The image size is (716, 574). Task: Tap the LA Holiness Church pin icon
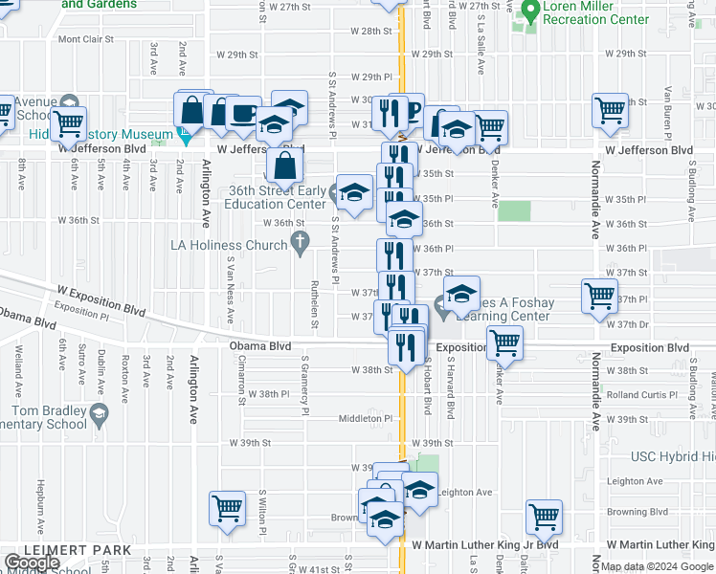[x=301, y=245]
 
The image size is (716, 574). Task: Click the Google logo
[x=32, y=563]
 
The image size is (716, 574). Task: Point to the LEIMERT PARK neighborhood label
[x=66, y=549]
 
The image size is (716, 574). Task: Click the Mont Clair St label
[x=85, y=40]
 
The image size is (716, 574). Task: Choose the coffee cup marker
[x=243, y=111]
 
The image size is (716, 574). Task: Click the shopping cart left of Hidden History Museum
[x=68, y=123]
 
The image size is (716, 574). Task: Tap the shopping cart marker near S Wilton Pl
[x=226, y=507]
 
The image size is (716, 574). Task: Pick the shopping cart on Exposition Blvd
[x=503, y=341]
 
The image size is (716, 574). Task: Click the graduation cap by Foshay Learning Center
[x=461, y=294]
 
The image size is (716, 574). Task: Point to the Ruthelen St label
[x=314, y=302]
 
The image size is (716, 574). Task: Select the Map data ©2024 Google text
[x=657, y=567]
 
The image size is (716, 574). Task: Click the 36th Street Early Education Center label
[x=277, y=197]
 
